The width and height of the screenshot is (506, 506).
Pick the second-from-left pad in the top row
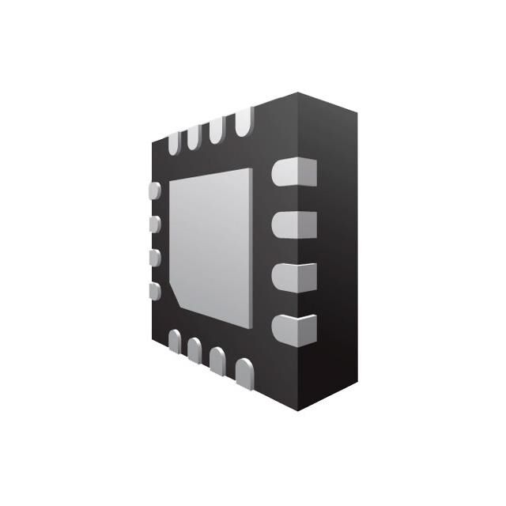(194, 138)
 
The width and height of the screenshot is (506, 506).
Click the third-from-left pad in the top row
(216, 131)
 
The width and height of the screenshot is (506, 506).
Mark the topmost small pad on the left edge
(155, 191)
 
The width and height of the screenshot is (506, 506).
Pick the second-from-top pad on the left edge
(155, 225)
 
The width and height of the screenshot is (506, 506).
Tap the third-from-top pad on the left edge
(155, 258)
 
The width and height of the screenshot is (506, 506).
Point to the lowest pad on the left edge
(155, 291)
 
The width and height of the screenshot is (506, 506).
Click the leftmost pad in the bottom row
(174, 340)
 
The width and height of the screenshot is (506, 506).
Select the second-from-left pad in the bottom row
(194, 349)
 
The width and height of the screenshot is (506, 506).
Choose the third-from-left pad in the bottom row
(217, 359)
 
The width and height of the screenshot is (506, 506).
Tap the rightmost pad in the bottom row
(244, 372)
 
